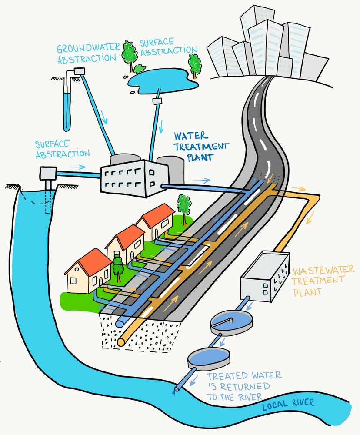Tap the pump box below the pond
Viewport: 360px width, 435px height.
[x=157, y=101]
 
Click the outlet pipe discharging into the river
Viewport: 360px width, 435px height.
[x=178, y=388]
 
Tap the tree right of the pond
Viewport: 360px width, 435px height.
[x=194, y=63]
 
